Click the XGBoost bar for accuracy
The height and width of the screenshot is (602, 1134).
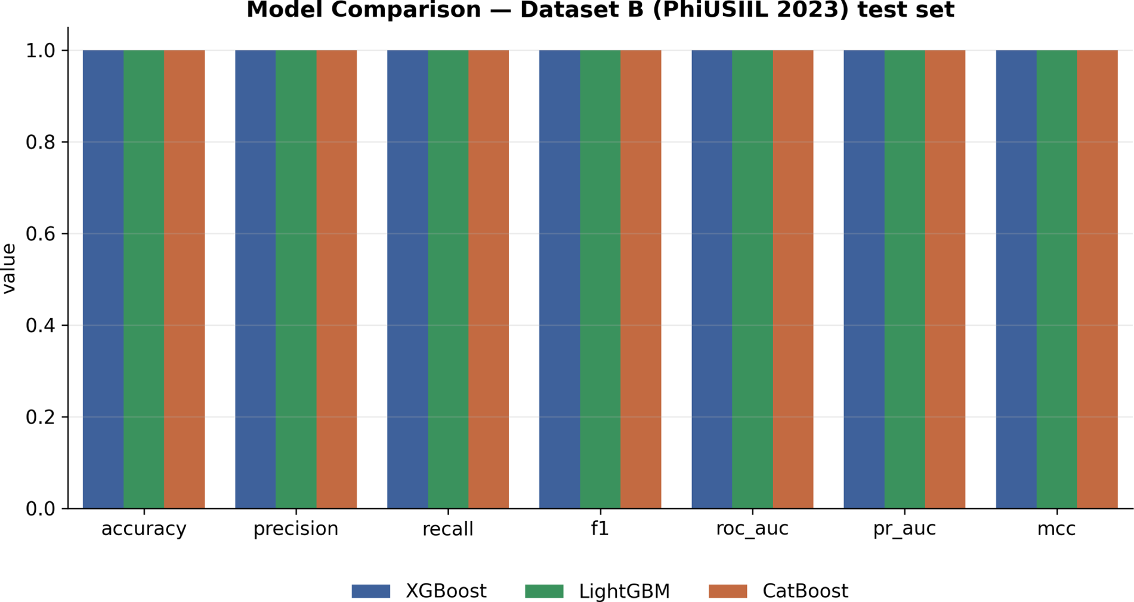click(103, 279)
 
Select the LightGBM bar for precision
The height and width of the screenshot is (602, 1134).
click(296, 279)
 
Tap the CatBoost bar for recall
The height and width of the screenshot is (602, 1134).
click(489, 279)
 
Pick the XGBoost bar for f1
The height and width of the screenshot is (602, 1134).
click(560, 279)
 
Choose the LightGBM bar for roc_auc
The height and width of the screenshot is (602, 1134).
click(752, 279)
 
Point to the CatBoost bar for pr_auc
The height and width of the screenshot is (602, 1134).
click(945, 279)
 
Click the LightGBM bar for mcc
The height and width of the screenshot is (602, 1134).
click(1056, 279)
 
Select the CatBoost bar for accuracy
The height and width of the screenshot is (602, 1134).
click(184, 279)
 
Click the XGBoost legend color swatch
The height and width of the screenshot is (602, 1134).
click(371, 591)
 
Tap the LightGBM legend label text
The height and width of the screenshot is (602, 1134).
click(625, 591)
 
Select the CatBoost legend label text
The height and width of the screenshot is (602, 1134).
click(805, 591)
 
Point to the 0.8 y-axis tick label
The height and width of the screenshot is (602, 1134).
click(40, 143)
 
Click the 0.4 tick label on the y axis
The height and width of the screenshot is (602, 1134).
click(40, 326)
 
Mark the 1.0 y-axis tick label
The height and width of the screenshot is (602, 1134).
click(40, 51)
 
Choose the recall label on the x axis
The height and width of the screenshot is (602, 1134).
click(448, 529)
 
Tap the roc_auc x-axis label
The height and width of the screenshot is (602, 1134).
click(752, 529)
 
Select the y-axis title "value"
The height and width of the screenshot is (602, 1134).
click(9, 268)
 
